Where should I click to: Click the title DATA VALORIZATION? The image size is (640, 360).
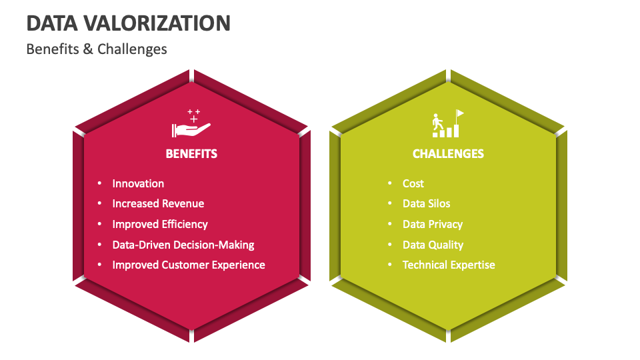tap(129, 23)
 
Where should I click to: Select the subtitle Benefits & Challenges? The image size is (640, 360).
tap(97, 49)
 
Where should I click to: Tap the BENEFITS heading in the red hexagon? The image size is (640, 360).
tap(191, 154)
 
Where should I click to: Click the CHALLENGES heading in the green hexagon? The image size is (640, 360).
tap(448, 154)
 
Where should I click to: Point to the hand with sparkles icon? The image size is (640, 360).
tap(191, 123)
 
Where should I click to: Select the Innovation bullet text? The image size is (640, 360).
tap(138, 184)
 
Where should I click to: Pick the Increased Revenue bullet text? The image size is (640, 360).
tap(158, 204)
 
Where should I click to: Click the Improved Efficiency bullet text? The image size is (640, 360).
tap(160, 225)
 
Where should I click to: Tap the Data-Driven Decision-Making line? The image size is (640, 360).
tap(183, 245)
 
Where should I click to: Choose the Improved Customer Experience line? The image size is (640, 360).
tap(189, 265)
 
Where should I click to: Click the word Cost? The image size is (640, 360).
tap(413, 184)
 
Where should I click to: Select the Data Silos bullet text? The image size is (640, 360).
tap(427, 204)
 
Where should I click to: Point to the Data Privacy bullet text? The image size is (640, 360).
tap(433, 225)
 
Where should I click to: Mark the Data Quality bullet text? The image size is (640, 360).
tap(433, 245)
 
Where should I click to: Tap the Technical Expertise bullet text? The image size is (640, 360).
tap(449, 265)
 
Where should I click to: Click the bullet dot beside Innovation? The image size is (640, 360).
tap(99, 183)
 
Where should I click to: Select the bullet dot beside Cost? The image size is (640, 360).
tap(390, 183)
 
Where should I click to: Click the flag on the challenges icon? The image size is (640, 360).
tap(459, 113)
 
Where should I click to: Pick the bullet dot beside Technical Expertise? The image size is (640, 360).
tap(390, 265)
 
